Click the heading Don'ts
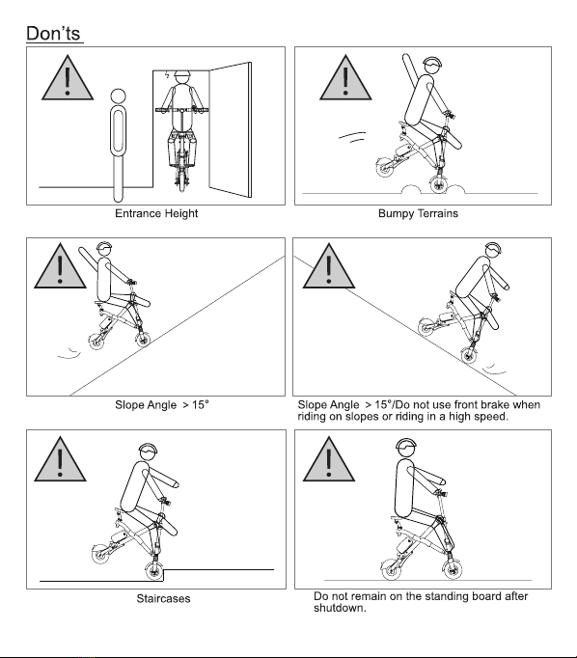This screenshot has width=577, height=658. [x=53, y=33]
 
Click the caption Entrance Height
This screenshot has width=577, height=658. [x=156, y=213]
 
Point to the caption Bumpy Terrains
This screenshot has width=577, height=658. [x=418, y=213]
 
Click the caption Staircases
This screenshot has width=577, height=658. [x=163, y=598]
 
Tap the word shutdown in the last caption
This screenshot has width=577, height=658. [x=339, y=608]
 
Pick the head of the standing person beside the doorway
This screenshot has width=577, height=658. [x=118, y=96]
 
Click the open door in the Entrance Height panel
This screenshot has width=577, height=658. [x=231, y=129]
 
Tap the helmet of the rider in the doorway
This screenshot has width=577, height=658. [x=182, y=74]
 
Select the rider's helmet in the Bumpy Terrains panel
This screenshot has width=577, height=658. [x=432, y=65]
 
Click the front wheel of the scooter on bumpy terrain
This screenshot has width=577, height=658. [x=439, y=184]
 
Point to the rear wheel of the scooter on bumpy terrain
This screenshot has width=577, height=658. [x=385, y=168]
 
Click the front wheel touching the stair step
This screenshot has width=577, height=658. [x=154, y=571]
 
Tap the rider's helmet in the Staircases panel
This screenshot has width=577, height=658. [x=149, y=450]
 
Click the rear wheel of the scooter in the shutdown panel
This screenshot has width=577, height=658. [x=391, y=570]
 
